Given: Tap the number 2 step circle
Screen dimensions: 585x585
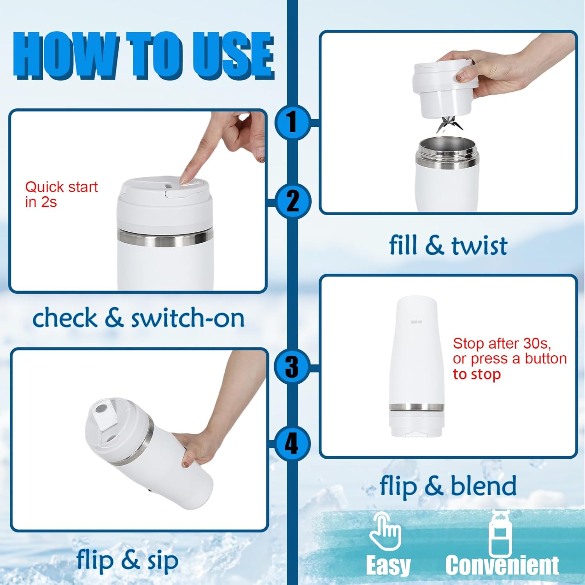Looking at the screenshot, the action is click(x=292, y=201).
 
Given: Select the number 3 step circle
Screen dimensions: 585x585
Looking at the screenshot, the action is click(x=292, y=367).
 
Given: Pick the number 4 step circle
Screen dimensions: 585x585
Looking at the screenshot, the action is click(x=292, y=443).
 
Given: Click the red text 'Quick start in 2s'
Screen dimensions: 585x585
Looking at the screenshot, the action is click(x=61, y=194).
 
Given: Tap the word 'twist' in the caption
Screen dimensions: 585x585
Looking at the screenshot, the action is click(x=479, y=246).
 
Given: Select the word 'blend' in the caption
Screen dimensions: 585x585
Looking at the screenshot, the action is click(x=483, y=486).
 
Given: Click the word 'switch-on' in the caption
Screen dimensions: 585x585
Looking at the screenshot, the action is click(x=188, y=318).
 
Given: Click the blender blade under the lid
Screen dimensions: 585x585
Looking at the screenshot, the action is click(x=449, y=124).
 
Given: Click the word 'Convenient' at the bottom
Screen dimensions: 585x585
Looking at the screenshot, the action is click(x=502, y=565).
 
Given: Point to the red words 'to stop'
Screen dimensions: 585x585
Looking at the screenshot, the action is click(x=477, y=374).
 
